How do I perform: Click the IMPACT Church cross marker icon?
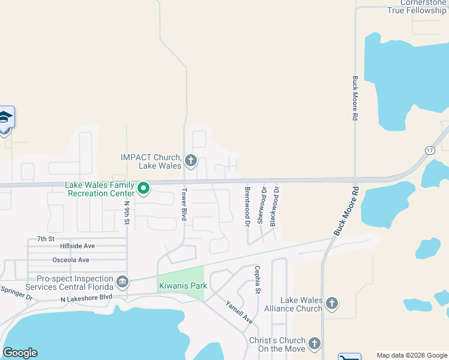pos(191,160)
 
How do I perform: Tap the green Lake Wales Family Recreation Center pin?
pos(143,189)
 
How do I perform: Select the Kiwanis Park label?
pos(182,286)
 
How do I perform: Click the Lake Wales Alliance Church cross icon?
pos(332,304)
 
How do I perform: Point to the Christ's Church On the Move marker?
pos(313,344)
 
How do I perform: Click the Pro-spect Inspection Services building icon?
pos(122,281)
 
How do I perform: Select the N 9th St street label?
pos(127,212)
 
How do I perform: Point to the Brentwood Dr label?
pos(247,206)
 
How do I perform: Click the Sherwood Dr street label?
pos(262,205)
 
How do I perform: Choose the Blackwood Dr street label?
pos(274,205)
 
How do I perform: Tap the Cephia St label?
pos(258,280)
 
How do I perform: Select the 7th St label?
pos(46,238)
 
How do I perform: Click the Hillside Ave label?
pos(77,246)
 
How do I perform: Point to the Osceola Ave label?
pos(71,260)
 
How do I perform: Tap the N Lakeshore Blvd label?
pos(86,298)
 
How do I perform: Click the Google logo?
pos(20,353)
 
